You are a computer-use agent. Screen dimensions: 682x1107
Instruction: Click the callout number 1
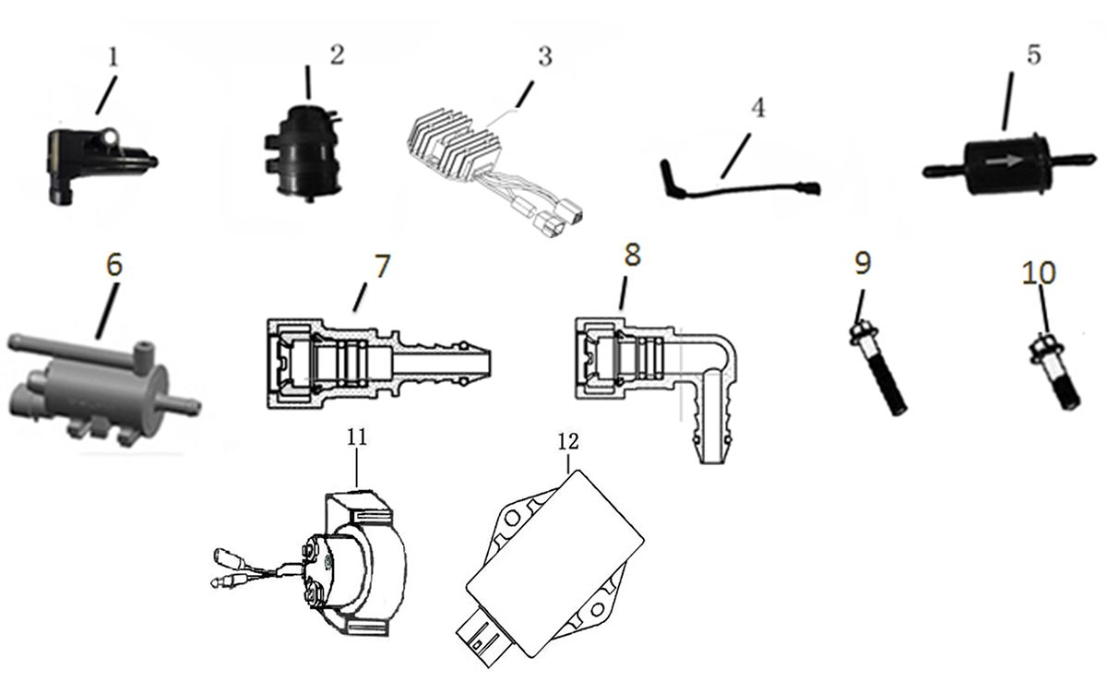pyautogui.click(x=113, y=57)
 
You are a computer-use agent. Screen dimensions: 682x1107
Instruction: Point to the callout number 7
pyautogui.click(x=381, y=265)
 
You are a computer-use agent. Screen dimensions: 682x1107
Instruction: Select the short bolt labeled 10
pyautogui.click(x=1054, y=373)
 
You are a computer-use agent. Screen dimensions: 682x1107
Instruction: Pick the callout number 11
pyautogui.click(x=358, y=437)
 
